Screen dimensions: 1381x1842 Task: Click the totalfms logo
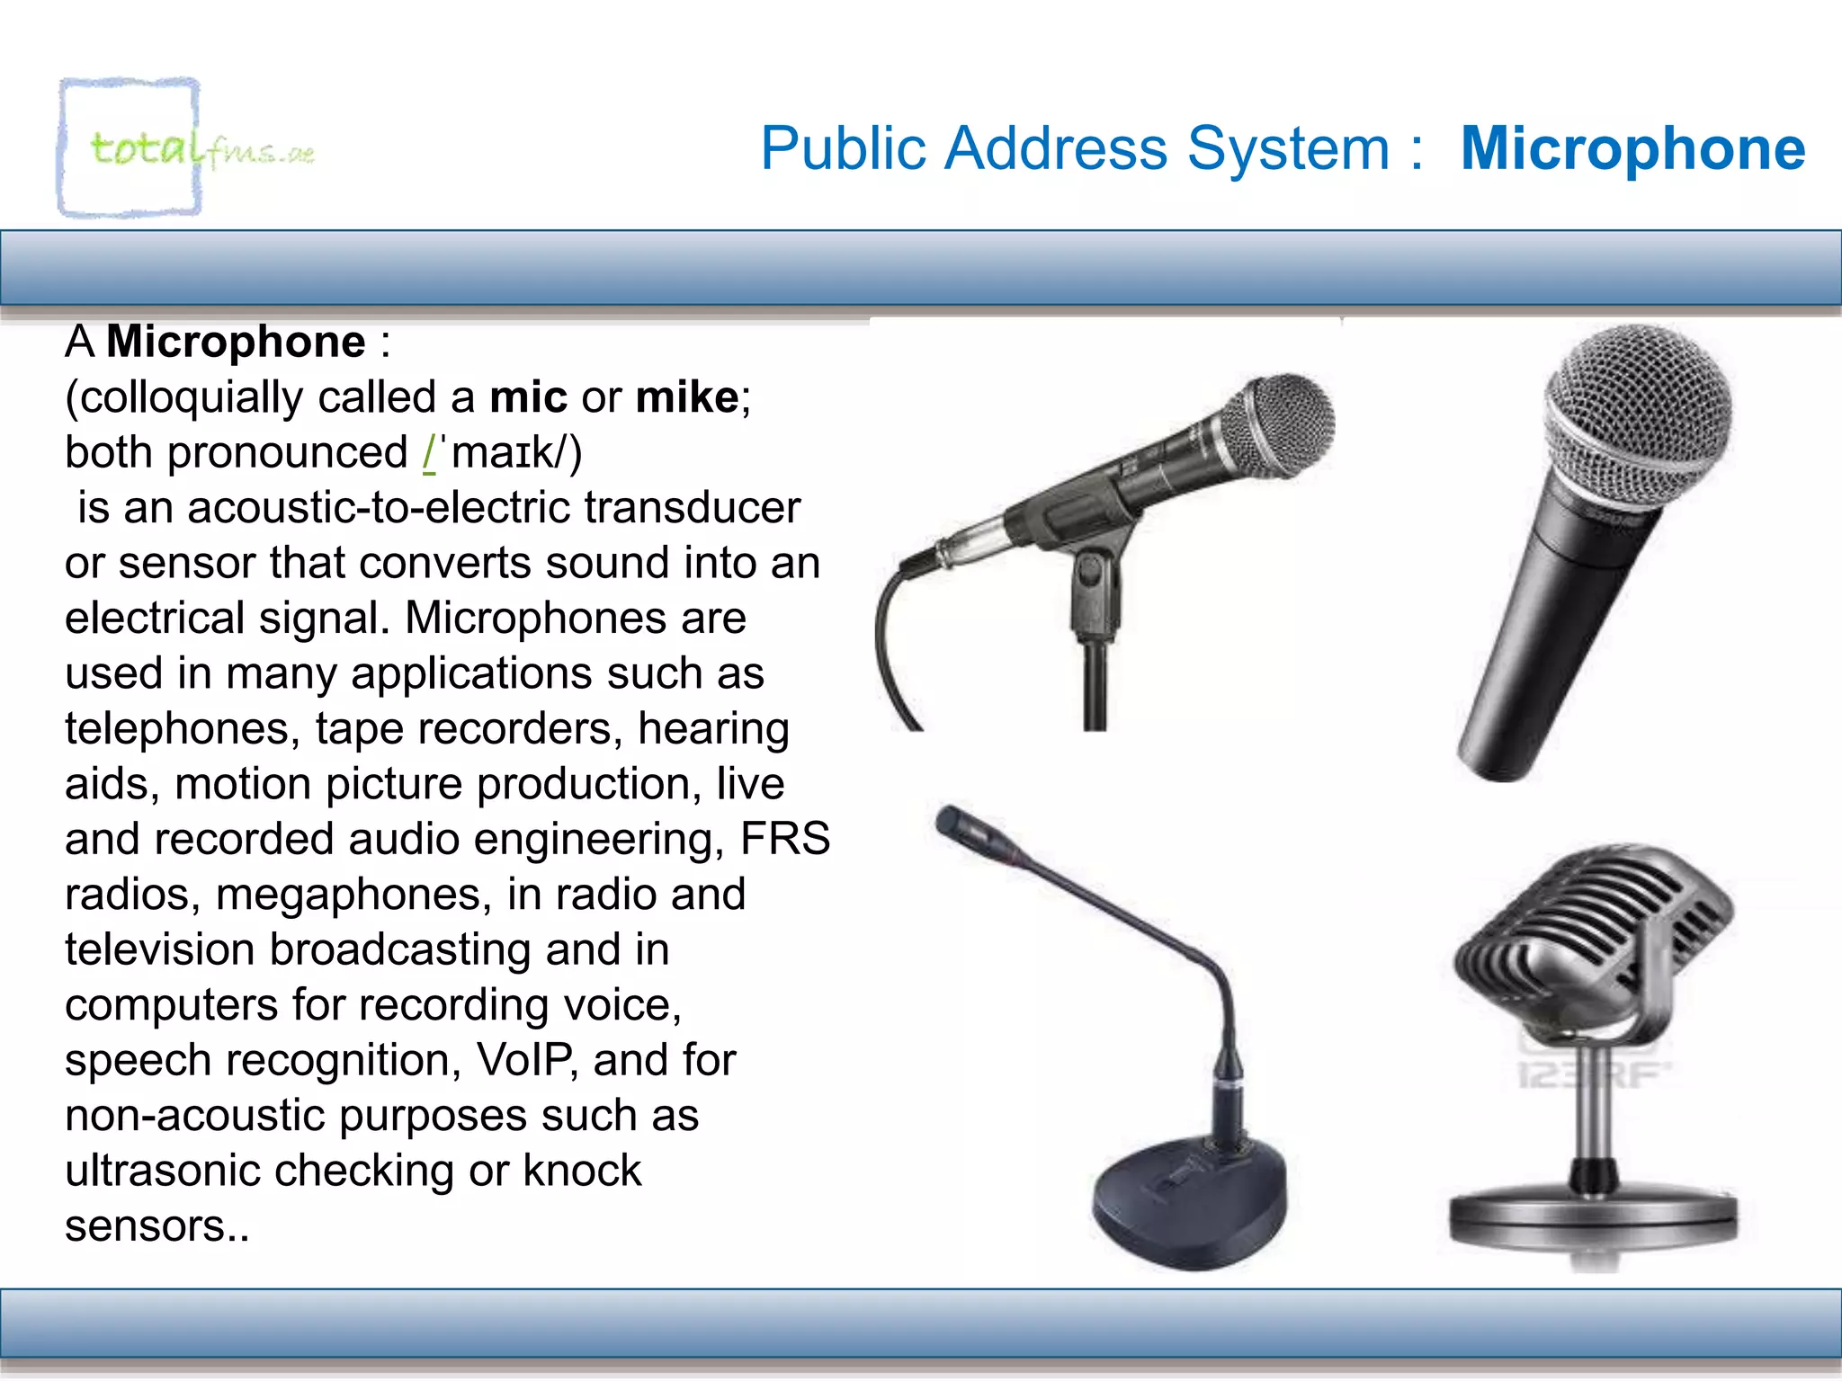[184, 148]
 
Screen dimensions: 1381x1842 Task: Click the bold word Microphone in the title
[1632, 148]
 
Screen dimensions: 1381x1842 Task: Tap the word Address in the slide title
[1056, 148]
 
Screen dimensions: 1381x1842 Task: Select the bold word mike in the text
[686, 397]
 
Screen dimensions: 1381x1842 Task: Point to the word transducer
[692, 507]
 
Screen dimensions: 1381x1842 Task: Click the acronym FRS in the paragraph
[784, 839]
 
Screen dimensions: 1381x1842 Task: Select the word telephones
[181, 728]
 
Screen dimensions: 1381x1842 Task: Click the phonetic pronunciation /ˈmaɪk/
[503, 452]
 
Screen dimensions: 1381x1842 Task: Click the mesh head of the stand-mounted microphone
[1286, 423]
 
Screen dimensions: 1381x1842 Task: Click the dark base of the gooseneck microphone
[1187, 1205]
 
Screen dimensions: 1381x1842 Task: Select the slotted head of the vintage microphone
[1592, 926]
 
